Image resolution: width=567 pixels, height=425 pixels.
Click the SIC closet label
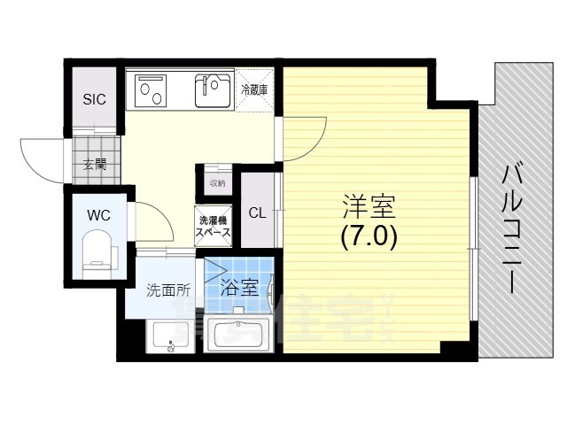[94, 99]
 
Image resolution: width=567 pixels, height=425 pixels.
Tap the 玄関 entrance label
[95, 163]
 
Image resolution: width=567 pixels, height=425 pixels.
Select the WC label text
[97, 213]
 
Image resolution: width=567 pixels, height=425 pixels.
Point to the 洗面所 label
[168, 289]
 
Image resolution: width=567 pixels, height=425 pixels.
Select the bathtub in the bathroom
[240, 334]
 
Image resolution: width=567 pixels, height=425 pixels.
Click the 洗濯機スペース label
[214, 226]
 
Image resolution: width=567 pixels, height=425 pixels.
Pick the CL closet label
[257, 212]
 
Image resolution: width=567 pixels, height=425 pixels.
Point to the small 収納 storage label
[217, 183]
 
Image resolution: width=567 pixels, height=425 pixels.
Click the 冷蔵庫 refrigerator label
[254, 89]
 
